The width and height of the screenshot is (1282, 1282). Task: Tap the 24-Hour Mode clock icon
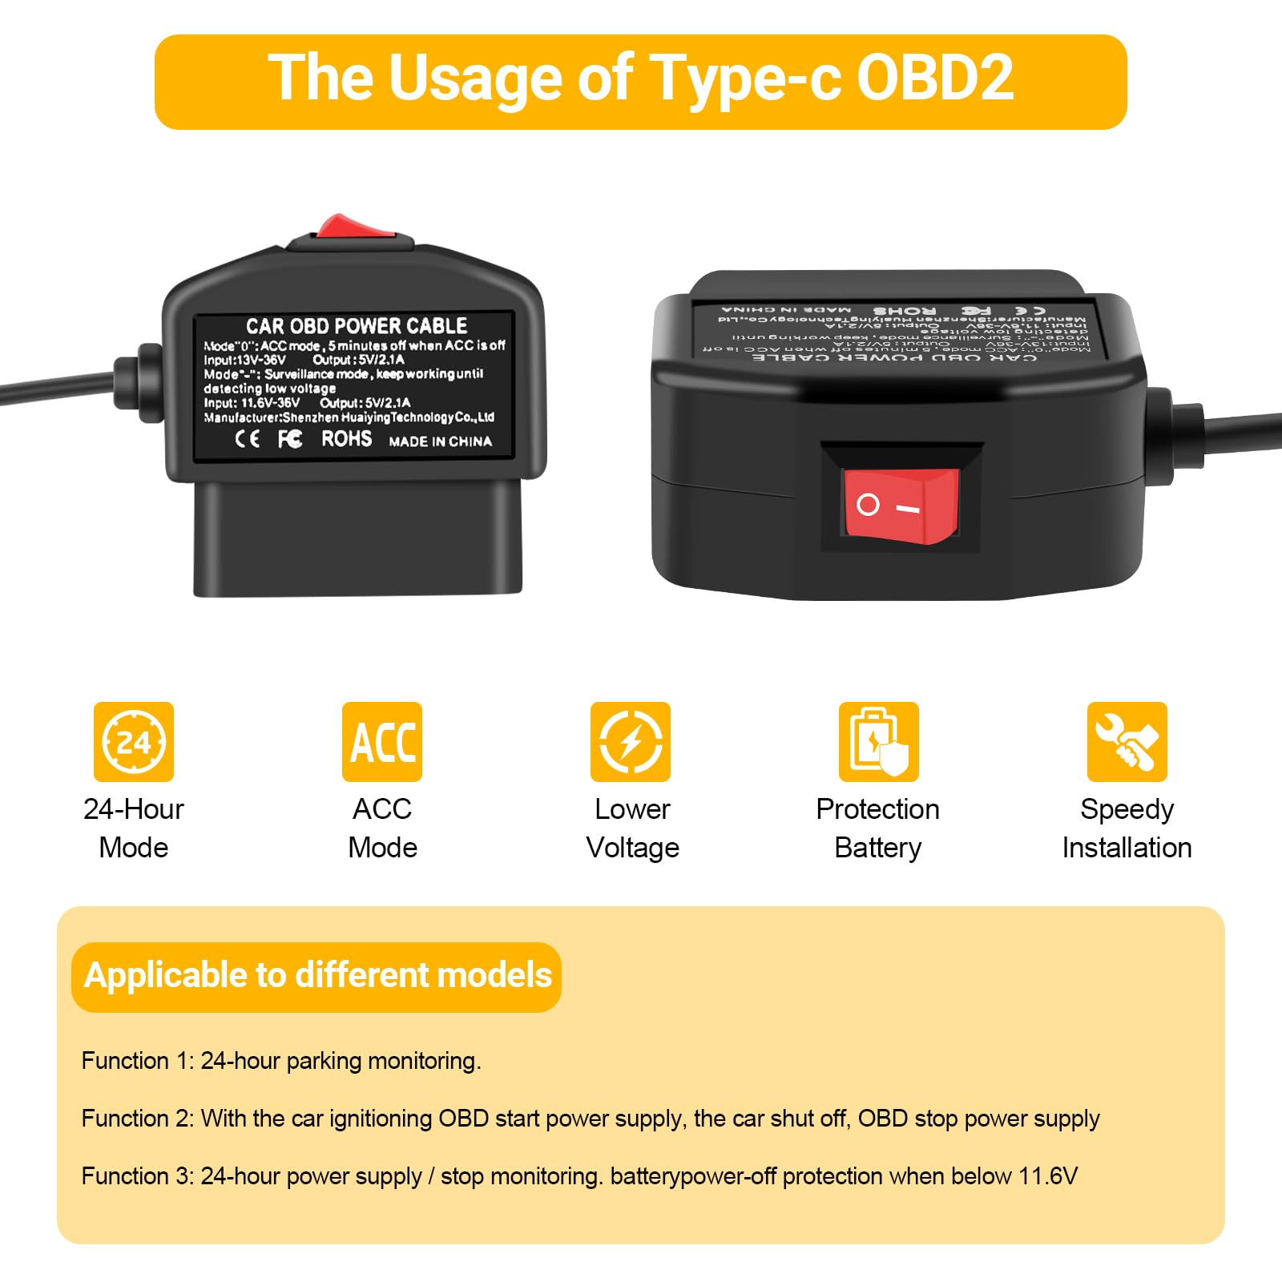pos(134,742)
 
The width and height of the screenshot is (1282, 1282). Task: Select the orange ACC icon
pos(382,742)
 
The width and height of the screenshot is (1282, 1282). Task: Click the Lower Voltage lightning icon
pos(631,742)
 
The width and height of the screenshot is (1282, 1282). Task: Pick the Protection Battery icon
pos(879,742)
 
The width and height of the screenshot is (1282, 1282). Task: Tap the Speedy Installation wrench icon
pos(1127,742)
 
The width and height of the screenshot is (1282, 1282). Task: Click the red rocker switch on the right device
pos(901,506)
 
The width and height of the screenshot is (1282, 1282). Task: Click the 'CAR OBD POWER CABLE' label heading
pos(357,326)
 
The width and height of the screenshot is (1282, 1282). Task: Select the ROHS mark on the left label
pos(346,439)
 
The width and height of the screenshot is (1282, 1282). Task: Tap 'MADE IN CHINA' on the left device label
pos(440,441)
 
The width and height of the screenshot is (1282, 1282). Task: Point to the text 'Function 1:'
pos(137,1061)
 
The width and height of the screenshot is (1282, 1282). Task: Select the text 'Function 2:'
pos(137,1119)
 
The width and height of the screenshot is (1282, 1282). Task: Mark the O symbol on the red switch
pos(868,504)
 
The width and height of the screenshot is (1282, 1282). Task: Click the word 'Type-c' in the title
pos(745,79)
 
